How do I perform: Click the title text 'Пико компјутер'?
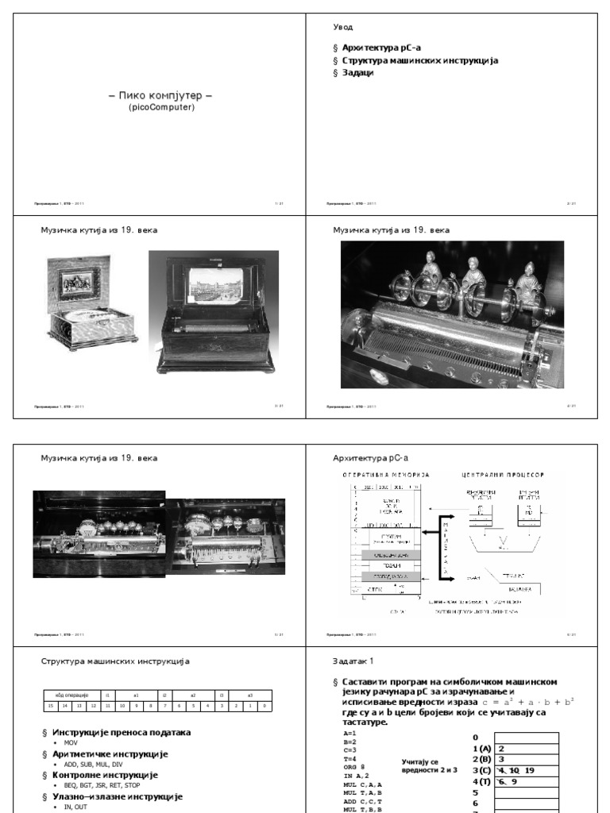click(x=160, y=96)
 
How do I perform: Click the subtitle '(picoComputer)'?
click(x=160, y=107)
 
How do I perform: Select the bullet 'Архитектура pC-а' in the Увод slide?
click(x=380, y=48)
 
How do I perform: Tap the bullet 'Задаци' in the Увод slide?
click(x=358, y=73)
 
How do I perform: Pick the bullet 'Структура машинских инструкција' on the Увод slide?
click(x=420, y=60)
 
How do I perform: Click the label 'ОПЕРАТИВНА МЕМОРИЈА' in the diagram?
click(x=385, y=475)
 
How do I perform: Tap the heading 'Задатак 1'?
click(x=353, y=661)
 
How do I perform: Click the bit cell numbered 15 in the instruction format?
click(x=50, y=705)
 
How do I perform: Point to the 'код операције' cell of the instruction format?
click(x=71, y=694)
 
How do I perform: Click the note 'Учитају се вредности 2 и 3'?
click(x=430, y=765)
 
